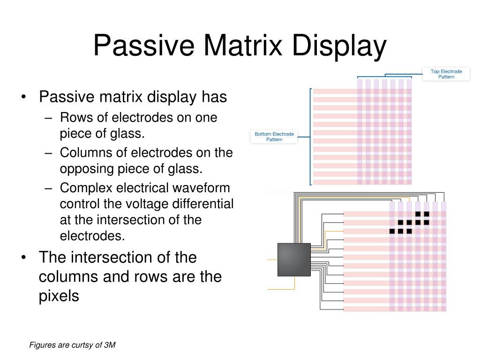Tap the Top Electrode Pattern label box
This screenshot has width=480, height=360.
point(446,74)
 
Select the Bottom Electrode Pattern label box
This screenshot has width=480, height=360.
point(274,136)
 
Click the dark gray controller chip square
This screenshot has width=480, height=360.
point(294,259)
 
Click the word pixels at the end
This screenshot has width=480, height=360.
point(59,296)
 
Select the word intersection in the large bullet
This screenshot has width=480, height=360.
point(113,258)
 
